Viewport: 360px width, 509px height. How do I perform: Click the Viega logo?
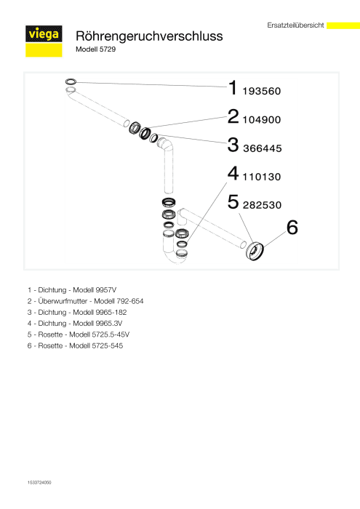click(x=44, y=41)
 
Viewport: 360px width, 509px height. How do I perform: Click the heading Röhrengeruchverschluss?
click(x=149, y=36)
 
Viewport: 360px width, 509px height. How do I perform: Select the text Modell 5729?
click(x=95, y=49)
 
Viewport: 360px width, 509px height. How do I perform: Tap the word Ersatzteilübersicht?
click(x=295, y=25)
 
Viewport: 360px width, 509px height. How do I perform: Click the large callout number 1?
click(x=233, y=88)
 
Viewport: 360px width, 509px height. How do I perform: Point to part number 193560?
click(x=261, y=91)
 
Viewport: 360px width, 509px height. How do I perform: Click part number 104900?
click(x=261, y=120)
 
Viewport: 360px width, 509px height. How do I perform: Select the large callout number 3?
click(x=233, y=145)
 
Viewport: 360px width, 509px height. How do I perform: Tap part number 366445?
click(x=263, y=148)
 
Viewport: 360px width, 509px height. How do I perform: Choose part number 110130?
click(x=261, y=177)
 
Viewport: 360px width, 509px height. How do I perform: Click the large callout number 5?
click(x=233, y=202)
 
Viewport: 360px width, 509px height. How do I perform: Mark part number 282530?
click(x=262, y=205)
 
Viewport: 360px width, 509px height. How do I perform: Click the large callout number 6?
click(x=292, y=228)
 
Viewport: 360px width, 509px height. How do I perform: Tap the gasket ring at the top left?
click(x=71, y=81)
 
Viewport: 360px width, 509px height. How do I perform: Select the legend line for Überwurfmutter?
click(x=85, y=301)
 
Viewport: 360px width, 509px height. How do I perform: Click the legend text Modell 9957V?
click(x=95, y=290)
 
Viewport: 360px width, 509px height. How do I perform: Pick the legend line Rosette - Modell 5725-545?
click(x=75, y=345)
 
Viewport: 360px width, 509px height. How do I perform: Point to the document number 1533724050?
click(x=39, y=483)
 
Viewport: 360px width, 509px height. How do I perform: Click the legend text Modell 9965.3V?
click(x=97, y=324)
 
